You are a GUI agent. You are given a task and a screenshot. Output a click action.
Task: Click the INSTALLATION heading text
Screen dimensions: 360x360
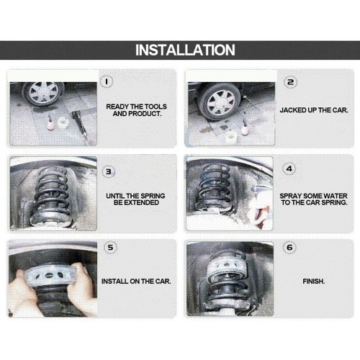185,50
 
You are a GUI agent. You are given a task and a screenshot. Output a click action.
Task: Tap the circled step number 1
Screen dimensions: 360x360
107,81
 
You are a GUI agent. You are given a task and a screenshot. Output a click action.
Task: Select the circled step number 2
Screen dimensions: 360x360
290,82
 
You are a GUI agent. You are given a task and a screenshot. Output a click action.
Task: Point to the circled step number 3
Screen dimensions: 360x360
109,171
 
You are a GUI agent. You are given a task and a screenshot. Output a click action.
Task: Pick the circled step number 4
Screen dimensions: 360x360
289,168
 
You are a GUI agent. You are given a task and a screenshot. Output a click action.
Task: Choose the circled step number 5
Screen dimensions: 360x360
110,248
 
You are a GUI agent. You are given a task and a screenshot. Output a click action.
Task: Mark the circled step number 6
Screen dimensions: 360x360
289,248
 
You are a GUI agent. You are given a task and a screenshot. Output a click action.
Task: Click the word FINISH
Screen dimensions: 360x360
314,281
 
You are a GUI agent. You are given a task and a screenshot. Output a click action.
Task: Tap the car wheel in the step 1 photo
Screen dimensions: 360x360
44,92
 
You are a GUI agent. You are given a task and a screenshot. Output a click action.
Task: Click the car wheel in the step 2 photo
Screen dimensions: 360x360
220,102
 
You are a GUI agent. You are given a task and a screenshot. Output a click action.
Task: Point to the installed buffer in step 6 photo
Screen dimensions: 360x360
227,271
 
